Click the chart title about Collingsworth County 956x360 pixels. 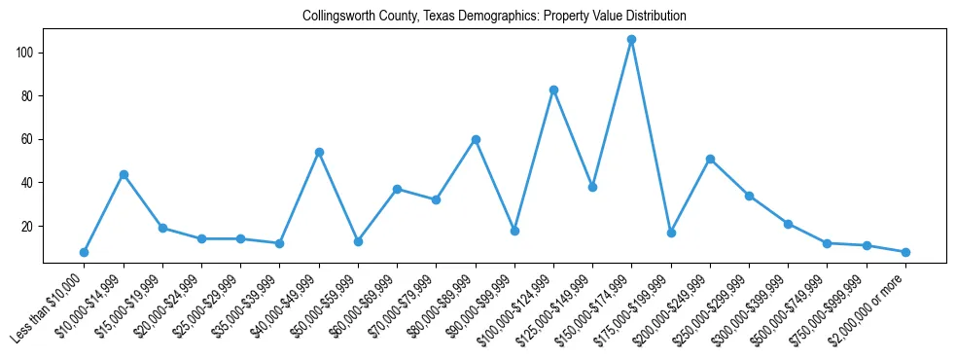(494, 16)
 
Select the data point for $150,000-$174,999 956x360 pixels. (631, 40)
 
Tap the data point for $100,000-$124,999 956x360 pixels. (553, 90)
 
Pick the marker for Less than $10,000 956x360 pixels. (84, 252)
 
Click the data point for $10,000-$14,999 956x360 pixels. (124, 174)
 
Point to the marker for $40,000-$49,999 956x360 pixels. (319, 153)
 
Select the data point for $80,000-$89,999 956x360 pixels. (476, 139)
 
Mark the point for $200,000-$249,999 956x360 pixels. (710, 159)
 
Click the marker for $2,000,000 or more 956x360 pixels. (905, 252)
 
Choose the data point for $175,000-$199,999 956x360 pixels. (671, 233)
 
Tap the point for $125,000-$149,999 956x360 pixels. (592, 187)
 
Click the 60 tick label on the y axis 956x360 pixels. (29, 139)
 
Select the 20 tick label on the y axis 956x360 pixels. (29, 226)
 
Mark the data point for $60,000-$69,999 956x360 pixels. (397, 189)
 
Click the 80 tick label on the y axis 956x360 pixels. (29, 96)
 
